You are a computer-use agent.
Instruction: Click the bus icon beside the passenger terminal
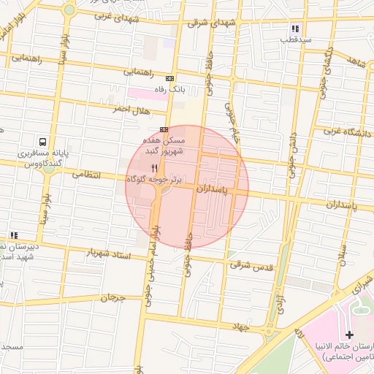42,142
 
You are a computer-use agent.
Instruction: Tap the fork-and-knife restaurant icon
153,168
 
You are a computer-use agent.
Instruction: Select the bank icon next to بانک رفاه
170,78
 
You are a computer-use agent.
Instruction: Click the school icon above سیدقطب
294,28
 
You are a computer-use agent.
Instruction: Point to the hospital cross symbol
348,333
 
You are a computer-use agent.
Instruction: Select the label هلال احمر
130,110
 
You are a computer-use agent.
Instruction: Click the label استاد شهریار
107,253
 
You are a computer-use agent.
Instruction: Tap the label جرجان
113,297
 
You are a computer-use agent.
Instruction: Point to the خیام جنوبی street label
231,121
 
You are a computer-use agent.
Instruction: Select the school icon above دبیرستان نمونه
13,235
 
